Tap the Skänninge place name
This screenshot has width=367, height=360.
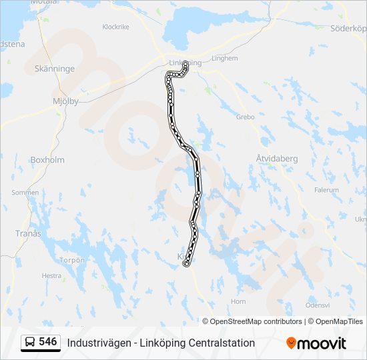click(55, 69)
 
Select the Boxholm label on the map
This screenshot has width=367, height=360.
click(47, 160)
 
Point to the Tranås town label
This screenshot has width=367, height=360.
click(28, 233)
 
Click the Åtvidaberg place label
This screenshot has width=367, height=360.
click(276, 158)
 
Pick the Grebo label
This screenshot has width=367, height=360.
click(246, 117)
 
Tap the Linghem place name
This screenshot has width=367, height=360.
click(224, 59)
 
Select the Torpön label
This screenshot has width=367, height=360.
click(73, 260)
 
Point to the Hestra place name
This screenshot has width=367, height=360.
click(51, 275)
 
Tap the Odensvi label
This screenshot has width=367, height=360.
click(318, 305)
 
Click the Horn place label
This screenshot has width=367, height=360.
click(238, 301)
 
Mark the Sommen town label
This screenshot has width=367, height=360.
click(25, 193)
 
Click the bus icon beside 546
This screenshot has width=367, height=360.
click(30, 343)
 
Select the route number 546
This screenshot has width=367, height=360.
click(47, 342)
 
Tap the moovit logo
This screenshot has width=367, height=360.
click(316, 343)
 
